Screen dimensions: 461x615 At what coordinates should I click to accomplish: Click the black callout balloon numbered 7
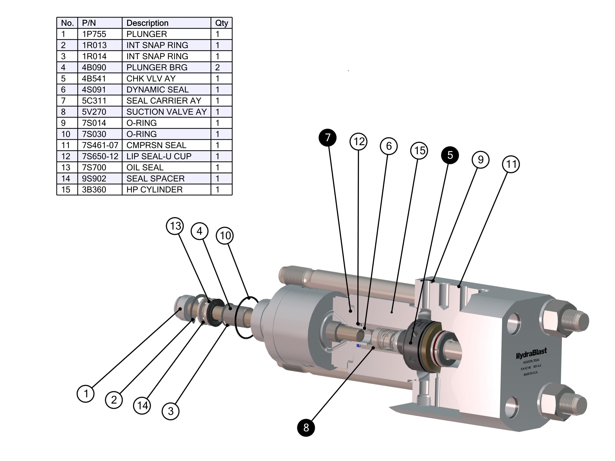coord(327,137)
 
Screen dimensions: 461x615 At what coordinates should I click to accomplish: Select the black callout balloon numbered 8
coord(306,428)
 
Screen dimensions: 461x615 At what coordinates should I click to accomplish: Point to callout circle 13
coord(175,226)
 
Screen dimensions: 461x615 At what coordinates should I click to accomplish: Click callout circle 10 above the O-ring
coord(225,236)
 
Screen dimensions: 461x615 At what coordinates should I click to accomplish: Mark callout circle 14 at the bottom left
coord(142,406)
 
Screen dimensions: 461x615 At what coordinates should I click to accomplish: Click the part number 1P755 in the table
coord(94,34)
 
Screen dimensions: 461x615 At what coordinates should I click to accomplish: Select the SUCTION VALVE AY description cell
coord(166,112)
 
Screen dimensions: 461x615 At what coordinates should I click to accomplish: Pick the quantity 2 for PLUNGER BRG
coord(217,67)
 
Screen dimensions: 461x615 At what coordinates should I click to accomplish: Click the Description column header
coord(147,23)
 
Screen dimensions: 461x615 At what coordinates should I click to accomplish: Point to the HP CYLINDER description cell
coord(154,190)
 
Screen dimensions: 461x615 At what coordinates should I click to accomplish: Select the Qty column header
coord(221,23)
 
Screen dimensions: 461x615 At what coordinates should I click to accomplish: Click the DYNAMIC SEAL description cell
coord(157,90)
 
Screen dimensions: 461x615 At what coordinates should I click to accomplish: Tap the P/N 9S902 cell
coord(94,179)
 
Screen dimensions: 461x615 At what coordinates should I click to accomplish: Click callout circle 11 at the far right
coord(511,164)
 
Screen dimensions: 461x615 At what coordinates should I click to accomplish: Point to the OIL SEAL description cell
coord(145,168)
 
